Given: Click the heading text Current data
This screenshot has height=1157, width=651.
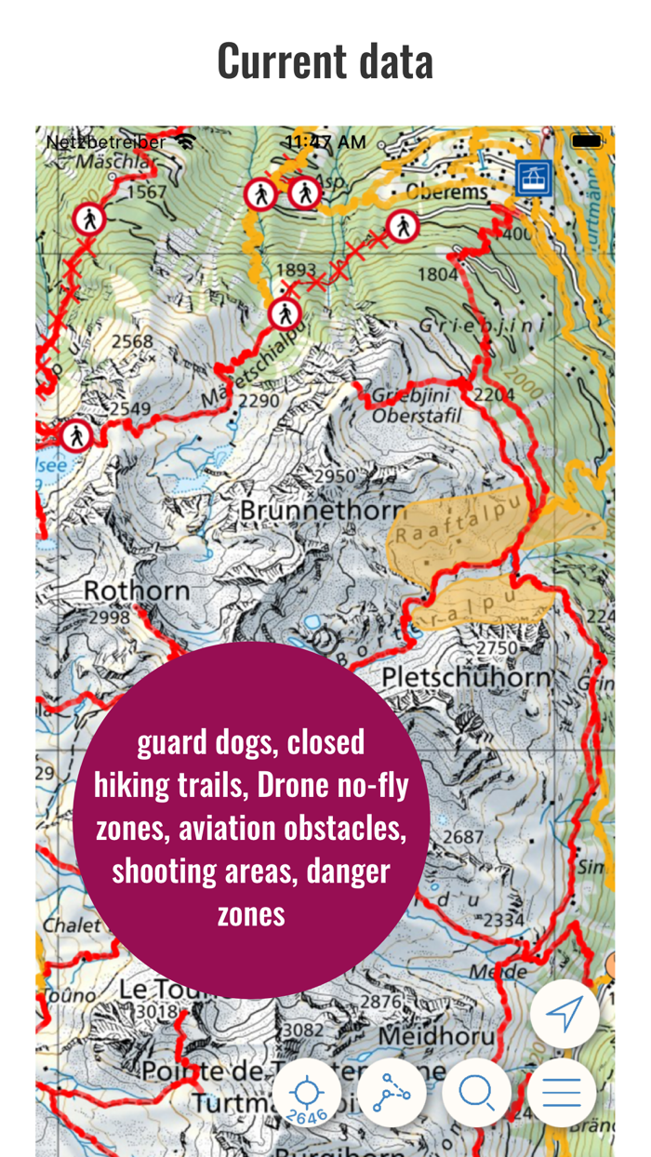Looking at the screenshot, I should (x=325, y=61).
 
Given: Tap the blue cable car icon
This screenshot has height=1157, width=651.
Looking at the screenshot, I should (x=533, y=177).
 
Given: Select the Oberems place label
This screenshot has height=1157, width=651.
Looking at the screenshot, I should (x=446, y=193).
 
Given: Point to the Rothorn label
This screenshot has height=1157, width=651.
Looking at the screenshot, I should (x=137, y=590).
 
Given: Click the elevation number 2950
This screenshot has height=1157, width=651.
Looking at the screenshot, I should (x=335, y=476).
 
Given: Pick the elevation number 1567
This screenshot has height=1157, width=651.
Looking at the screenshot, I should (x=146, y=193).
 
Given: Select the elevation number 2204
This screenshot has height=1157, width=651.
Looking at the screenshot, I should (x=493, y=395).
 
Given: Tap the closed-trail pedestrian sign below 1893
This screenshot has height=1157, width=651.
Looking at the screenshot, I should (x=284, y=314).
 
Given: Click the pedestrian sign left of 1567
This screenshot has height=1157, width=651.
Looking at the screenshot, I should (x=89, y=219).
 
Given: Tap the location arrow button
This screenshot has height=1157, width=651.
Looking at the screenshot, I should (x=564, y=1014).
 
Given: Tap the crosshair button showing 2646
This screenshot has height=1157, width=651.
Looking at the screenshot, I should (x=306, y=1094).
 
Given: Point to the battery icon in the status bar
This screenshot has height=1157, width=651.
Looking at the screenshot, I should (x=587, y=141).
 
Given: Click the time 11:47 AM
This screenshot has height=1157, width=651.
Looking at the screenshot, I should (x=325, y=142).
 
